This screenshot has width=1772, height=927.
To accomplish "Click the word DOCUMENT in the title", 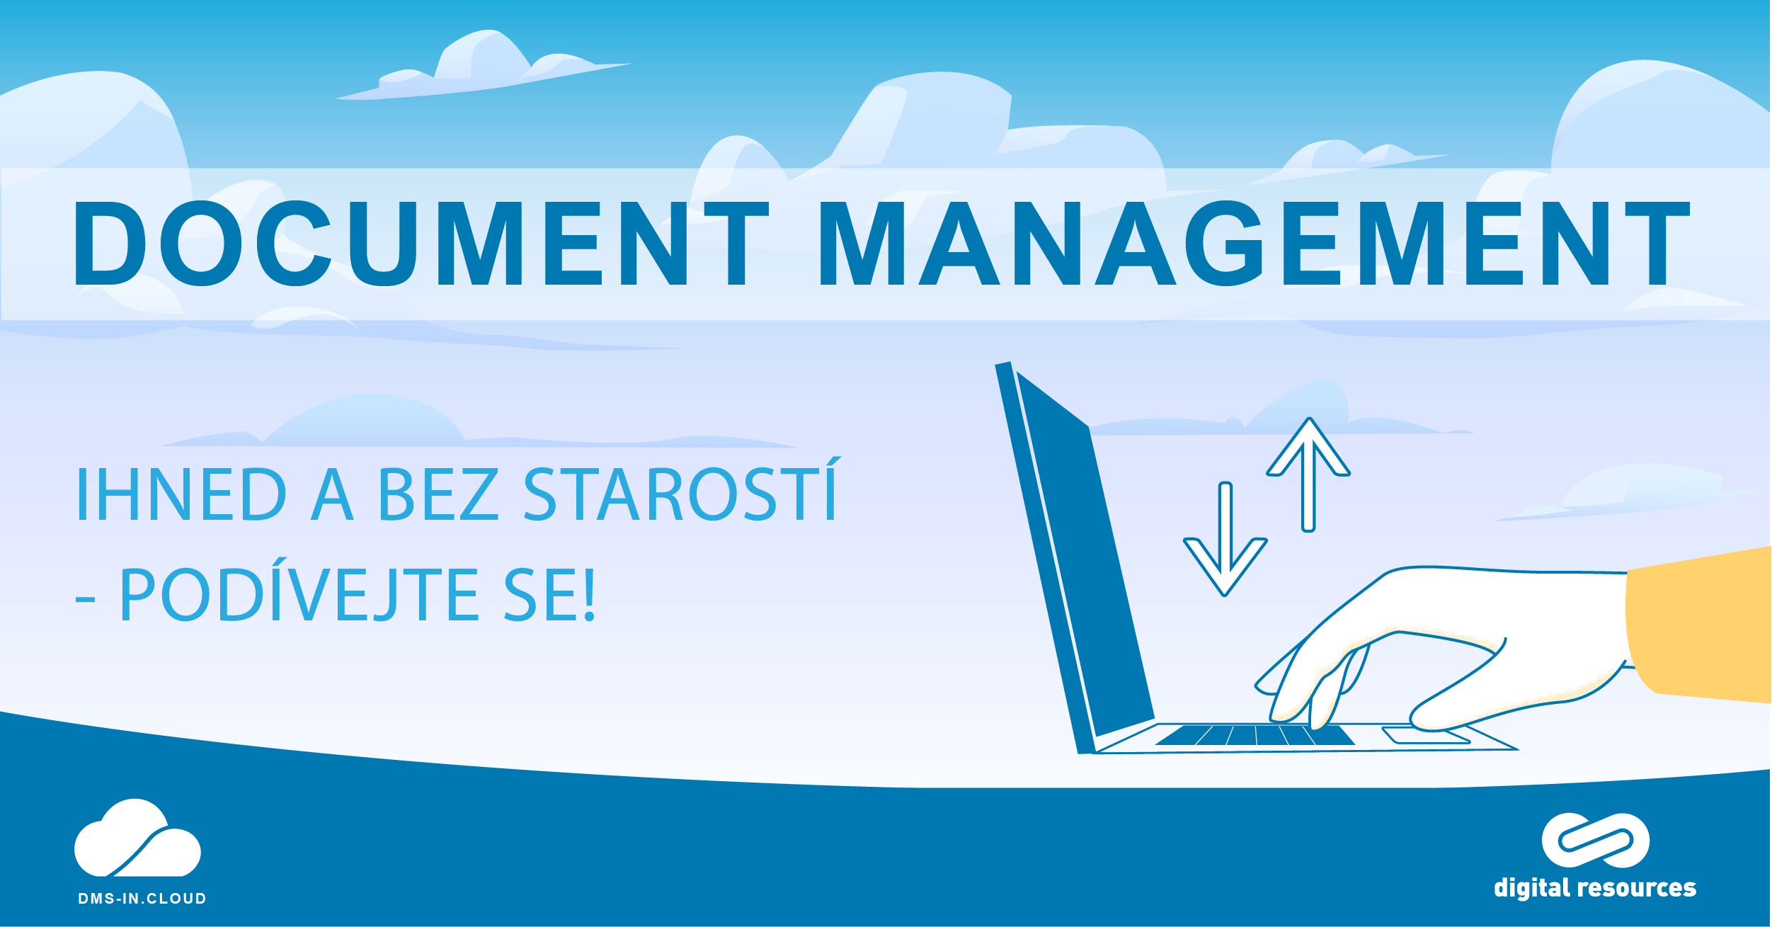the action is click(422, 244).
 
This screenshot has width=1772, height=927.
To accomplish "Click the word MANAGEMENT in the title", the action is click(1254, 244).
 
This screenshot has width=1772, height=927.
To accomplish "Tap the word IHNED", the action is click(181, 494).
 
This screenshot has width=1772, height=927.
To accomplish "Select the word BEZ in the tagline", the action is click(438, 494).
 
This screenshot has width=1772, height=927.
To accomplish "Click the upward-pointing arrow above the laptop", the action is click(1308, 474).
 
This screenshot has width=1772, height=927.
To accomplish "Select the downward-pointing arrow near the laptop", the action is click(1225, 539).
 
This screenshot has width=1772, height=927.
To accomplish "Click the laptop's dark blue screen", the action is click(1085, 552).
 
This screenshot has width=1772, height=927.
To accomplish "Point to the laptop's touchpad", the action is click(1426, 736).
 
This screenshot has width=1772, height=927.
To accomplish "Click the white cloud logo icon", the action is click(137, 838).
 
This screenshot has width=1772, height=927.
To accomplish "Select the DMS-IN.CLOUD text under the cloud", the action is click(142, 899).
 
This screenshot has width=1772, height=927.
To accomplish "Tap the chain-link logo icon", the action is click(1596, 840).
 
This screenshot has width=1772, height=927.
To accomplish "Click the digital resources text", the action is click(1595, 887).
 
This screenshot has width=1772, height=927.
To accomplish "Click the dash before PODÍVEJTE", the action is click(85, 600).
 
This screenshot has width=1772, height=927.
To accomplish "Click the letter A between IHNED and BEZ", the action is click(332, 494).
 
